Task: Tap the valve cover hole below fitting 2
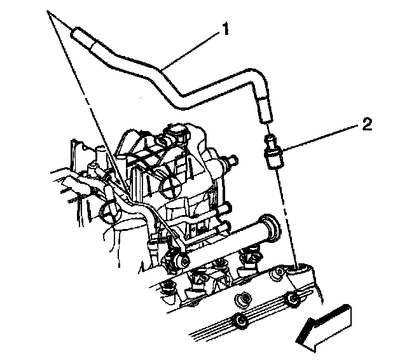(298, 273)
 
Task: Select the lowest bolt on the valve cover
(240, 321)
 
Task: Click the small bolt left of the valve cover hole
(278, 273)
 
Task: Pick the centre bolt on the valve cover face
(242, 298)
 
